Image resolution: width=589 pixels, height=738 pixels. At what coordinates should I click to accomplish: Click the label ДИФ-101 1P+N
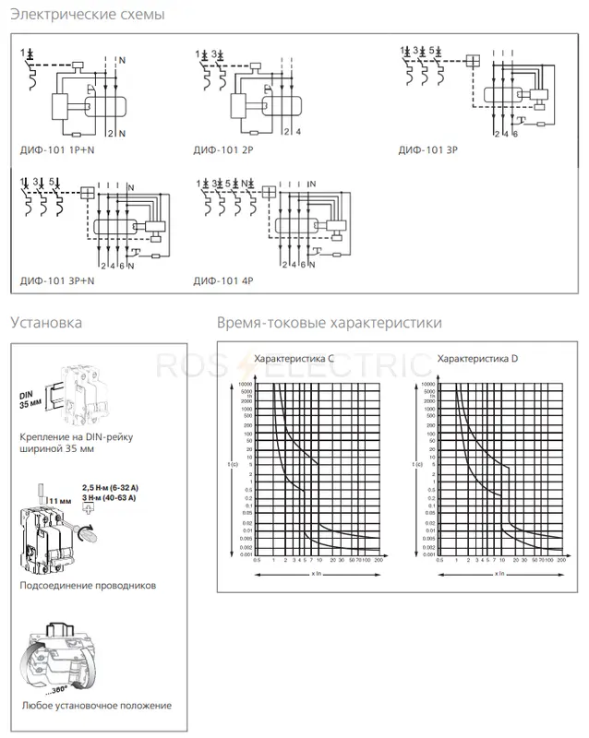(x=56, y=148)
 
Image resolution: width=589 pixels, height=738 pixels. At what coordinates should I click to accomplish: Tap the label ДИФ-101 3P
(x=427, y=148)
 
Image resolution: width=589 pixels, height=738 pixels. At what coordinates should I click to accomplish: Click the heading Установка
(x=46, y=323)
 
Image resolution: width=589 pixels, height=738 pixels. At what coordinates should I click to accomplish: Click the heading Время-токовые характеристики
(x=329, y=323)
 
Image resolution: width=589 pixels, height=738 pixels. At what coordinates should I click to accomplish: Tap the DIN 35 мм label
(x=31, y=399)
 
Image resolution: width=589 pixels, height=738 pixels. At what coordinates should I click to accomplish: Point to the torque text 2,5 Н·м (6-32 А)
(x=109, y=485)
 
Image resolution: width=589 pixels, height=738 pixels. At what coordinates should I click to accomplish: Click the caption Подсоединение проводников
(x=88, y=585)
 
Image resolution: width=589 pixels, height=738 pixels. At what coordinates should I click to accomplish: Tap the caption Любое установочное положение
(x=95, y=706)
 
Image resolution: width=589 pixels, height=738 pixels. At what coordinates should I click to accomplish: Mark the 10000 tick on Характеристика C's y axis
(x=245, y=383)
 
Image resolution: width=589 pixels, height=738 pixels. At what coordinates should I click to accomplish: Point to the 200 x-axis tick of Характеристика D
(x=561, y=560)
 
